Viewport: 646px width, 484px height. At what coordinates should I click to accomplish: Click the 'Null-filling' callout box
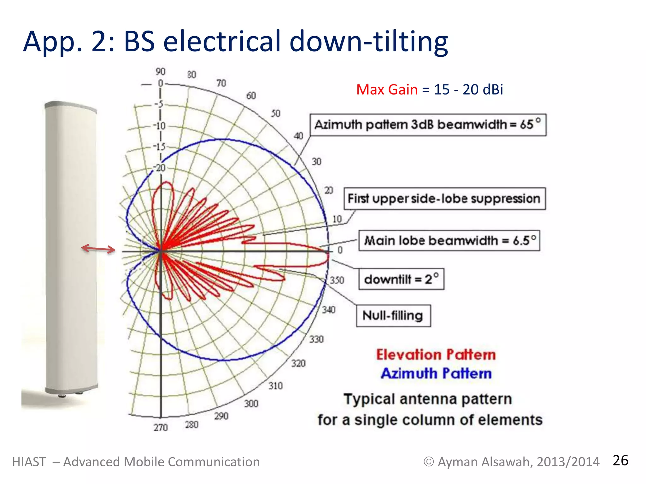pos(393,315)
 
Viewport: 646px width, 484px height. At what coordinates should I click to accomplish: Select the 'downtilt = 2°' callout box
pos(401,279)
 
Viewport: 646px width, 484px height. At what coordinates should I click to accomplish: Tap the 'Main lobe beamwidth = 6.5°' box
pos(449,241)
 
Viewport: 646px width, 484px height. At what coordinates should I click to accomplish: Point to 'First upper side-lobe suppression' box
pos(444,199)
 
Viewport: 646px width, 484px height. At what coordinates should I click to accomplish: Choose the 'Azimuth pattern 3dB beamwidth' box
pos(428,125)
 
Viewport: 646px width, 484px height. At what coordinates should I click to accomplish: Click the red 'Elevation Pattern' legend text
pos(436,355)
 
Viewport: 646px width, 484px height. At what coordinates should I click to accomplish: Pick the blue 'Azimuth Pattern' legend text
pos(436,374)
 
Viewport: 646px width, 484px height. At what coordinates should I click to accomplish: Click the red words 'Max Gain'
pos(387,90)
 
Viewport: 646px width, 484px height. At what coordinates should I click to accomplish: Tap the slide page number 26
pos(620,461)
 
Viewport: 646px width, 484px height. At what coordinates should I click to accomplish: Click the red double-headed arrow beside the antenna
pos(98,249)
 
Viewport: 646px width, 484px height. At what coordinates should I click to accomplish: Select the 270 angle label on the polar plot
pos(161,428)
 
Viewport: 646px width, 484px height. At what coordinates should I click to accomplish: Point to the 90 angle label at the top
pos(160,72)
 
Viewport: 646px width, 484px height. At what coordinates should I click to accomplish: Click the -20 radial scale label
pos(160,168)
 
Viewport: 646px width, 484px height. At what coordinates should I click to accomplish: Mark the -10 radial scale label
pos(160,126)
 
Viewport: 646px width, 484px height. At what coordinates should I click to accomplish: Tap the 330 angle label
pos(316,339)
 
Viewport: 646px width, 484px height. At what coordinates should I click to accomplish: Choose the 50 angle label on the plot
pos(275,113)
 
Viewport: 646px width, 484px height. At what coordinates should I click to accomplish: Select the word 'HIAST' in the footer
pos(29,462)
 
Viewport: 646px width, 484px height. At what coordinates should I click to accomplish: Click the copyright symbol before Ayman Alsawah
pos(428,462)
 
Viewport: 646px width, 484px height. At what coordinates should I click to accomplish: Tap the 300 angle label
pos(251,404)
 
